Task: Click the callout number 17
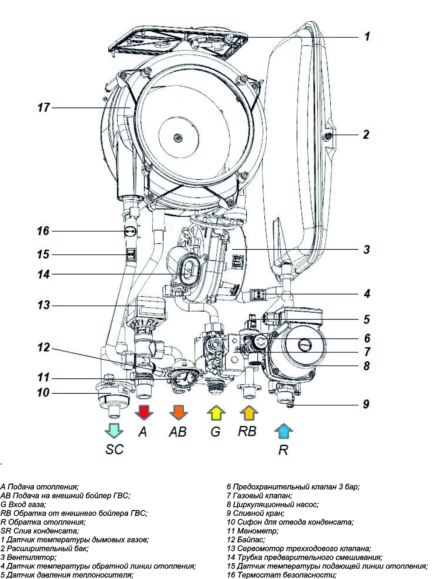44,108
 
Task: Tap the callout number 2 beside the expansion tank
366,134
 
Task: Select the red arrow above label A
144,412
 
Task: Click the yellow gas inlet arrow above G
216,413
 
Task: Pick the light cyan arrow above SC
114,430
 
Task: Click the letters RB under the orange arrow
247,431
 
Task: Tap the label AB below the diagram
178,432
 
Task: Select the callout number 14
44,274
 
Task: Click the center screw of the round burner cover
177,137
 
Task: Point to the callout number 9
366,404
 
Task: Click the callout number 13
44,305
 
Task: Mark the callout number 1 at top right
367,36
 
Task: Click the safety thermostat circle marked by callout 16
131,232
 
